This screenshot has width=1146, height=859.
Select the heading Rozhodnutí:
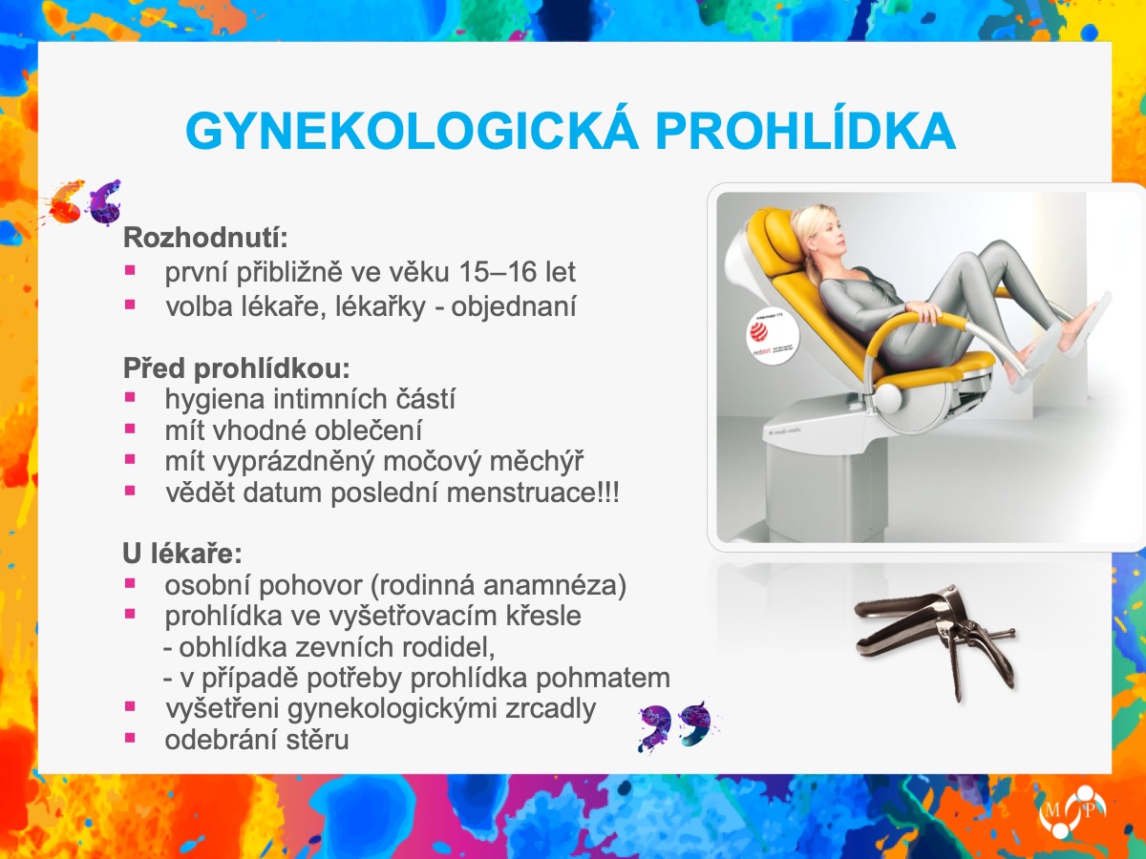point(205,238)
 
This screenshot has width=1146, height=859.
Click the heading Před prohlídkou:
point(237,368)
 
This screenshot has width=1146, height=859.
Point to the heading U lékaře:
point(182,554)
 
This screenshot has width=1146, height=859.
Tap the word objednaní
point(514,306)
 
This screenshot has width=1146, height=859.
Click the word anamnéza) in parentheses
point(555,585)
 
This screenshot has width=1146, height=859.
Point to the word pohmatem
point(603,678)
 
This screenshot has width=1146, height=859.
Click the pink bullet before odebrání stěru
point(130,738)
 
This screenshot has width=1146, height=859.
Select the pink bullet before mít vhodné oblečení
point(130,429)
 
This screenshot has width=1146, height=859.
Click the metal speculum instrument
point(935,639)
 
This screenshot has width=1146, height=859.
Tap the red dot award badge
point(772,338)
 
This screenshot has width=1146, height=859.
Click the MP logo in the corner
point(1072,812)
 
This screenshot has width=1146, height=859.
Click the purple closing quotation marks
point(675,726)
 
